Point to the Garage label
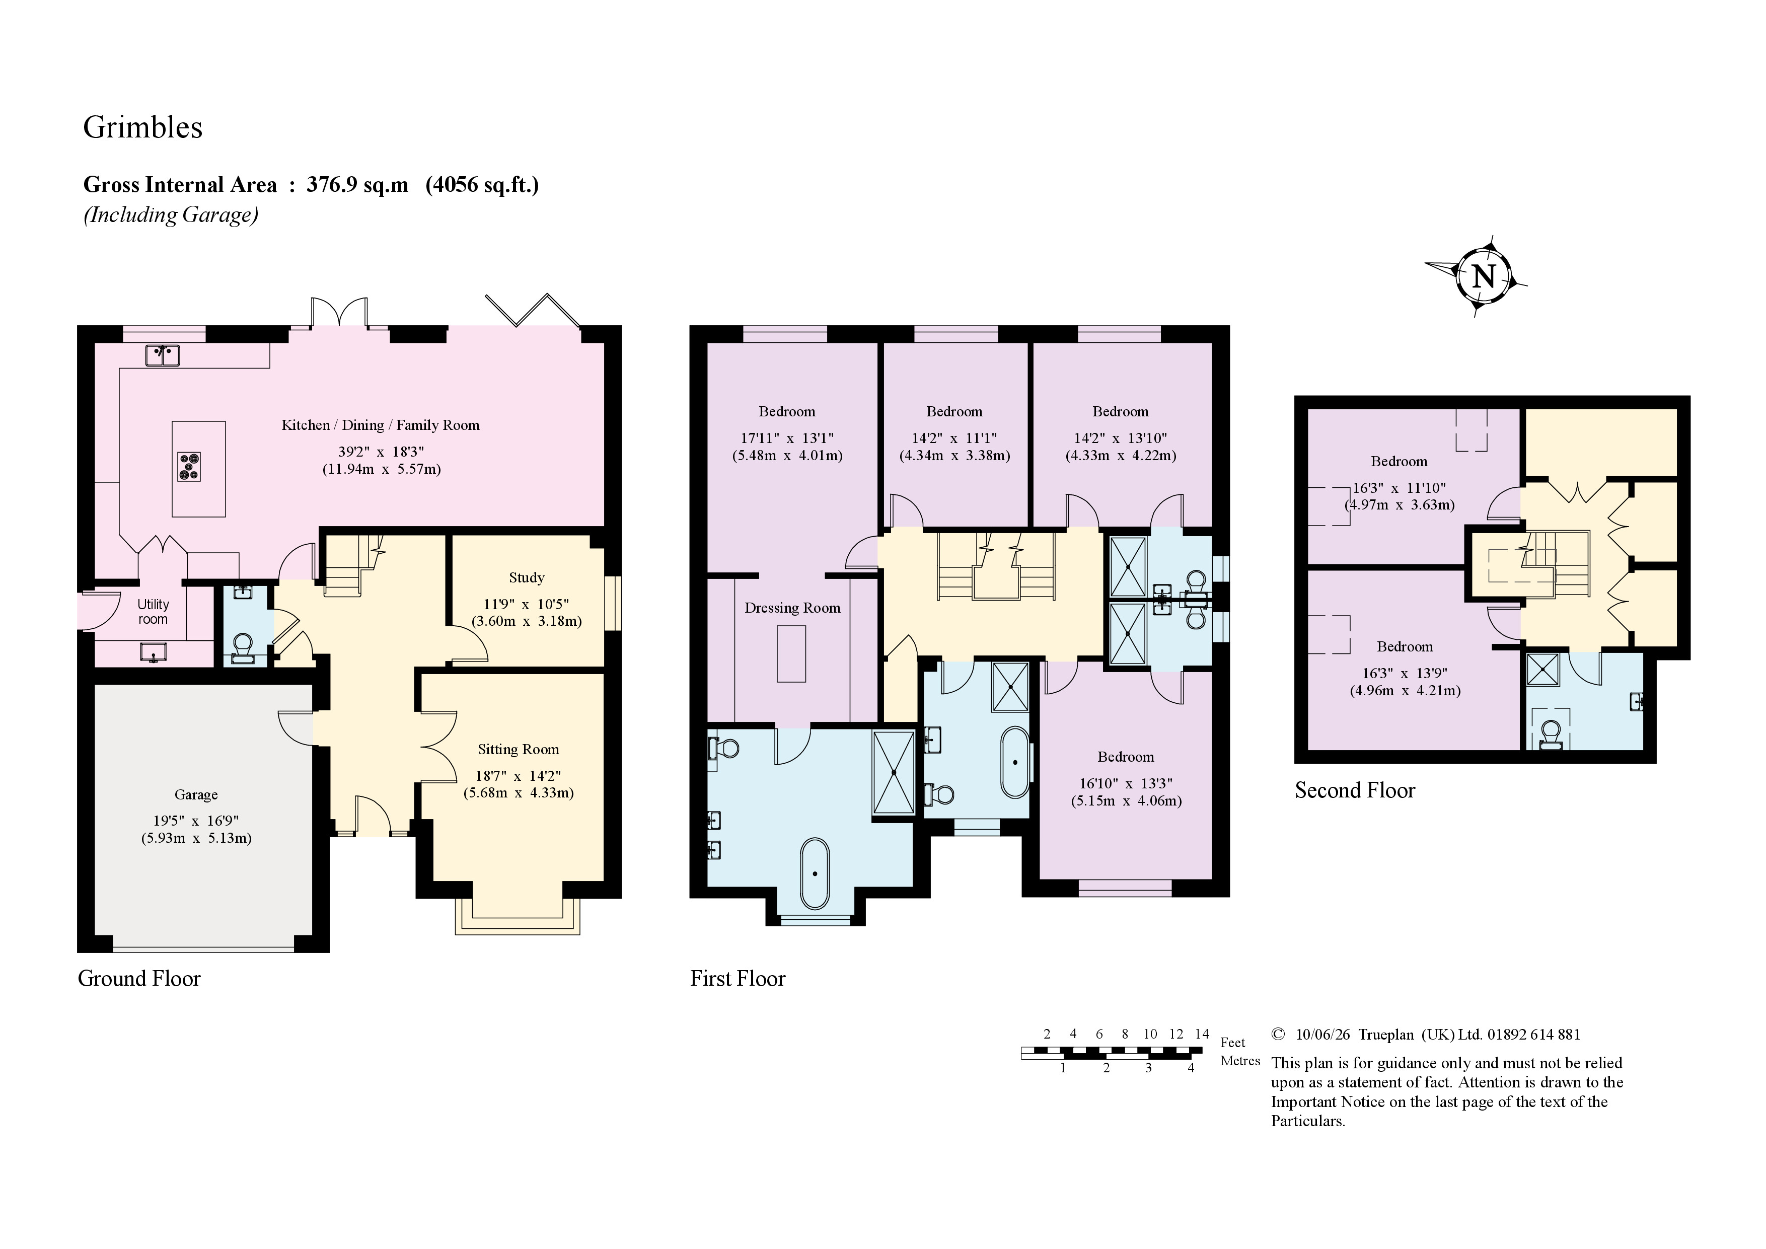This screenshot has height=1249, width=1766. pos(196,794)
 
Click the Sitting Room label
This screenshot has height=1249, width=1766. pos(519,749)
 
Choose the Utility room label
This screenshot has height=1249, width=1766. pos(153,612)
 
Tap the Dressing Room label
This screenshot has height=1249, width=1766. pos(792,608)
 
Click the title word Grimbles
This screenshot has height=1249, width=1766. pos(143,127)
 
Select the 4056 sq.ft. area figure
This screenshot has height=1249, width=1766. pos(482,185)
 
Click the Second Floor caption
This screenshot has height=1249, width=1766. pos(1355,790)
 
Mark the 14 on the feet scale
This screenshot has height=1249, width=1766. pos(1202,1034)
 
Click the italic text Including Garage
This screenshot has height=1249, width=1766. pos(171,214)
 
